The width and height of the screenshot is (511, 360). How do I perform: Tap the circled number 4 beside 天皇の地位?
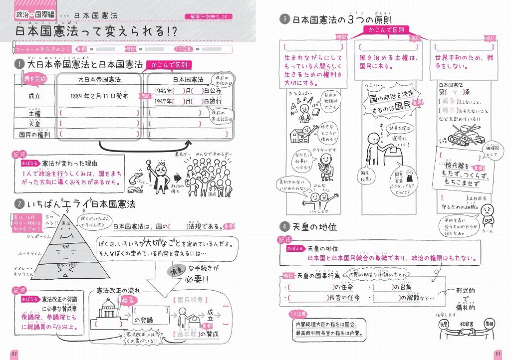[x=285, y=227]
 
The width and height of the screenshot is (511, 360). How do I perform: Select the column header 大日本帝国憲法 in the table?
[x=99, y=79]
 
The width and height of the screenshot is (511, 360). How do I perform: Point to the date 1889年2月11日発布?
[x=99, y=96]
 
